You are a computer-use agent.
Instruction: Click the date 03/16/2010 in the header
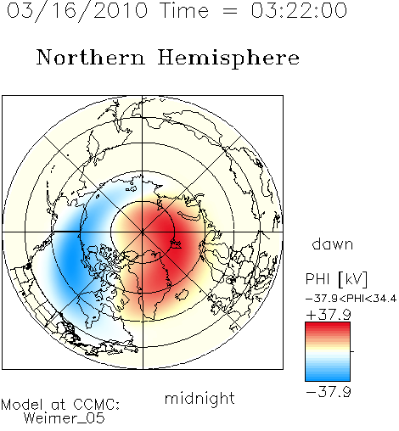(77, 11)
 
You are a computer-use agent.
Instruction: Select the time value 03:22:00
(299, 10)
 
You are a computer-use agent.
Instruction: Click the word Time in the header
(184, 10)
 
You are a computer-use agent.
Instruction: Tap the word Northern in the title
(91, 57)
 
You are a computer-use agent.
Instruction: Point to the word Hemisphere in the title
(228, 59)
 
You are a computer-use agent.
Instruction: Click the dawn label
(333, 243)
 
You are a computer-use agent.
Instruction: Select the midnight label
(199, 399)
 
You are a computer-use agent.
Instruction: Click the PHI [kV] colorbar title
(336, 279)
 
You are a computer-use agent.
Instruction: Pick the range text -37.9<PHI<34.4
(351, 299)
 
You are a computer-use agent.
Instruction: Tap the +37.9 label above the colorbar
(329, 314)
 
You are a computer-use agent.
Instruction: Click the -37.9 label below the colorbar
(329, 392)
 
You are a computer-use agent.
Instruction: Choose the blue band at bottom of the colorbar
(328, 376)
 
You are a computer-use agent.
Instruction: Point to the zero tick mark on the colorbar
(352, 351)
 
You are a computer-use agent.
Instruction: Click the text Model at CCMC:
(60, 405)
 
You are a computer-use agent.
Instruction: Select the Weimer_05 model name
(65, 418)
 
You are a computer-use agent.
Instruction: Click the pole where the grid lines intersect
(143, 232)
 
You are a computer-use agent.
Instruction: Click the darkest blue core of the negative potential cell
(70, 256)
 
